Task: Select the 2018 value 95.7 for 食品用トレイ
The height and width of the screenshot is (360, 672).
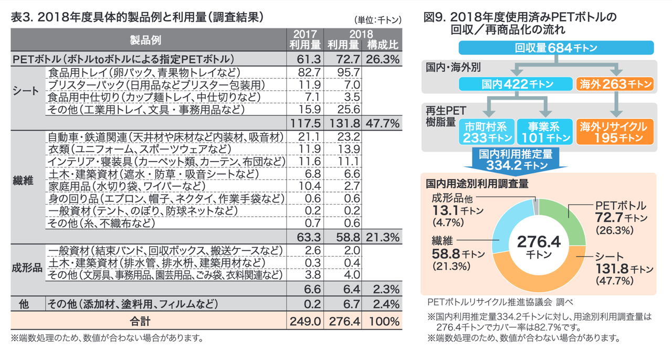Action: point(344,72)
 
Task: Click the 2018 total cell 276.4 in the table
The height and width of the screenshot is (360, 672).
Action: point(344,320)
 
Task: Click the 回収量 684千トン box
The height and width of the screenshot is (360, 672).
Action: point(556,47)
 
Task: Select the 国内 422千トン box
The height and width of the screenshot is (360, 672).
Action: point(515,83)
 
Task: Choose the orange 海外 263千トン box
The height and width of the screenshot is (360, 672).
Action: point(614,83)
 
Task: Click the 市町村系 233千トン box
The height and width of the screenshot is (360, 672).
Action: point(486,132)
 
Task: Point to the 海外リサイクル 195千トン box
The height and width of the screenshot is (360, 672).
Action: point(614,132)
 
